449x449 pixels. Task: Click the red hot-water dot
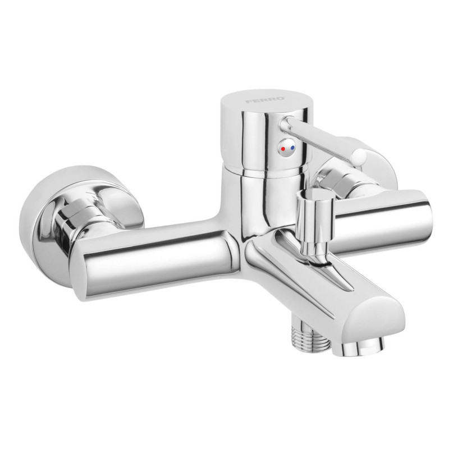click(x=283, y=149)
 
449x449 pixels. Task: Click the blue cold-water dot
click(x=292, y=148)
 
